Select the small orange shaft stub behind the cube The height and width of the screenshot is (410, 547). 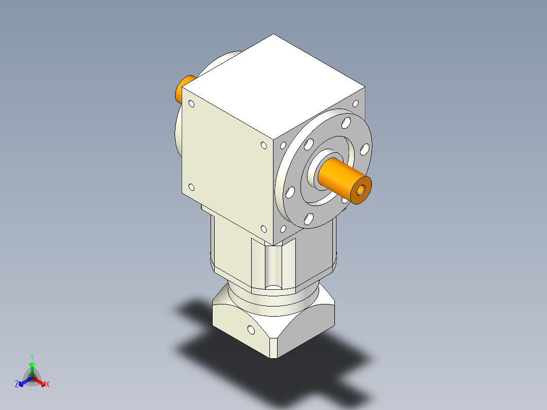pos(184,89)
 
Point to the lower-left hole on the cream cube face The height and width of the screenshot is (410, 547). pos(192,187)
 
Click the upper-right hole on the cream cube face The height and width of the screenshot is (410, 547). pos(263,146)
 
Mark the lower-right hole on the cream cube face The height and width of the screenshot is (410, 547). pos(264,229)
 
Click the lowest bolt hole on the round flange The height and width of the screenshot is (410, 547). pos(308,219)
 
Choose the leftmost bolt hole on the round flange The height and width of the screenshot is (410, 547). pos(290,192)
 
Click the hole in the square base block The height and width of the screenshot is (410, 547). pos(250,331)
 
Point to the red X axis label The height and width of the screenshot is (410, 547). pos(48,385)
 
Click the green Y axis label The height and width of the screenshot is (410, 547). pos(31,357)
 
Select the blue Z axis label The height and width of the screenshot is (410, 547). pos(17,385)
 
